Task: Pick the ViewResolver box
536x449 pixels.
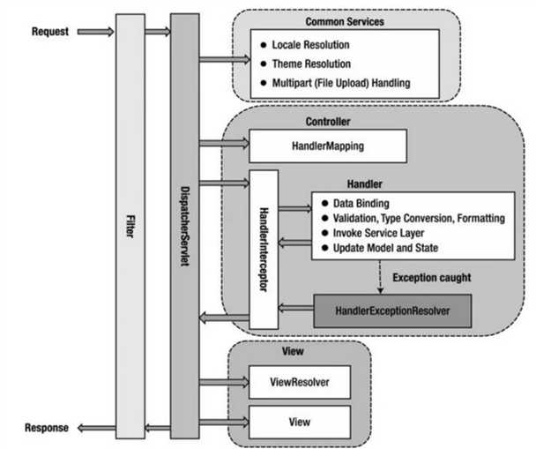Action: tap(299, 382)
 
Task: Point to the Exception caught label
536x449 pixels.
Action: tap(432, 277)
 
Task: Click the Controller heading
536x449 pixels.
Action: tap(328, 120)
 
